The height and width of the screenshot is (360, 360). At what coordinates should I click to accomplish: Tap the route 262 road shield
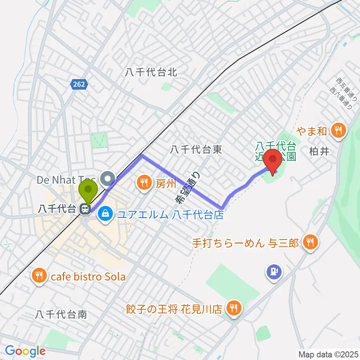[x=79, y=85]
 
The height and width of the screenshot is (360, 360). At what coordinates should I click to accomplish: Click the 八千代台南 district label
[x=61, y=314]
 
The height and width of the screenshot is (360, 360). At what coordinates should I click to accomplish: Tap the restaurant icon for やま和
[x=339, y=130]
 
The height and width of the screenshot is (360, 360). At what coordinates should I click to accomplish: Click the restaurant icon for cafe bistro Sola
[x=39, y=276]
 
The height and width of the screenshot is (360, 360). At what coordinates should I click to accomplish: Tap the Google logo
[x=25, y=351]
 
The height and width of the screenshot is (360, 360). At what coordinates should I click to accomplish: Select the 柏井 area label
[x=319, y=151]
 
